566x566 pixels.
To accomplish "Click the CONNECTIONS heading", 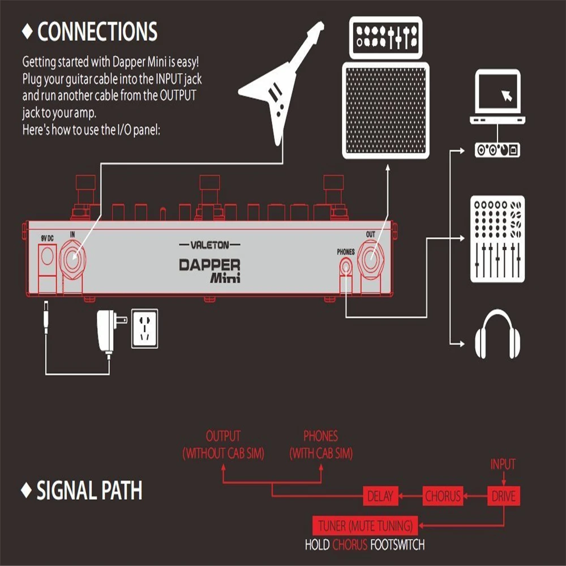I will coord(97,32).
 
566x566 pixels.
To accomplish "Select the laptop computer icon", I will coord(498,97).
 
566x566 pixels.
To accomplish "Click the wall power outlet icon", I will coord(144,328).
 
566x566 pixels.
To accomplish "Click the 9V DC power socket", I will coord(46,258).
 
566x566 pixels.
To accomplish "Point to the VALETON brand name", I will coord(209,245).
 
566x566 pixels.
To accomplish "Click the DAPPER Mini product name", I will coord(210,271).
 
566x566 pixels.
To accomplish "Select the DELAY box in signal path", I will coord(380,496).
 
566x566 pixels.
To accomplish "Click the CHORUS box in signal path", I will coord(443,496).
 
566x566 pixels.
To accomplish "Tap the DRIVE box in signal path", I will coord(503,496).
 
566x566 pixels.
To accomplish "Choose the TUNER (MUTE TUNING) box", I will coord(364,526).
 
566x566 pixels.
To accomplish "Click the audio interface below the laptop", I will coord(498,150).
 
